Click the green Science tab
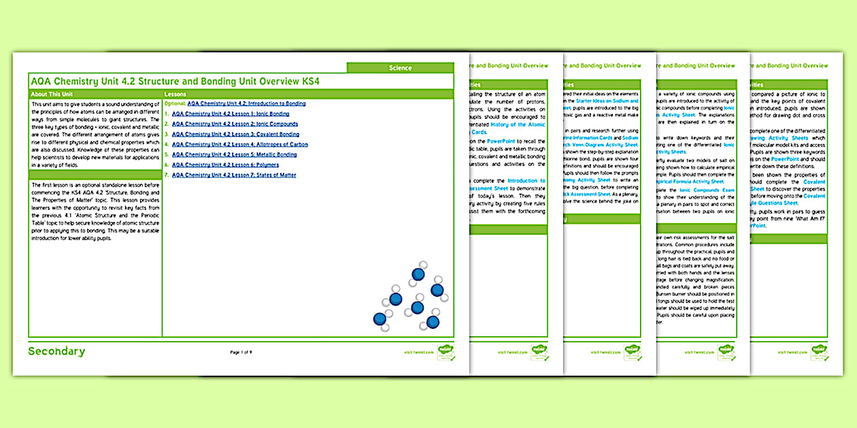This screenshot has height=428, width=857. pos(400,68)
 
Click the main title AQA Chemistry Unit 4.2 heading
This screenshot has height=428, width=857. pos(175,82)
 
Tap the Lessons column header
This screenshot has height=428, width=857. pos(176,94)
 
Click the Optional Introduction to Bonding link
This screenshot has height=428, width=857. pos(246,104)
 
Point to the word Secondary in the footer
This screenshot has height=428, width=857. pos(56,352)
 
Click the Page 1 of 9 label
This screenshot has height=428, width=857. pos(241,352)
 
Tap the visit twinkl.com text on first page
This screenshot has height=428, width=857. pos(418,353)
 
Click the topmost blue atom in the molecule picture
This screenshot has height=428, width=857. pos(418,274)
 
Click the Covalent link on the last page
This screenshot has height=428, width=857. pos(814,181)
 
